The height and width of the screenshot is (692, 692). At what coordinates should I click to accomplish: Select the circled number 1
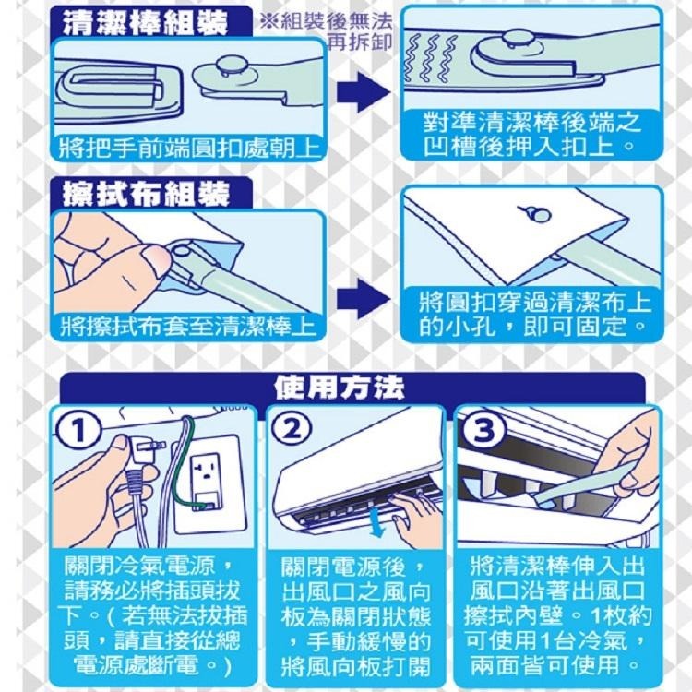[x=78, y=430]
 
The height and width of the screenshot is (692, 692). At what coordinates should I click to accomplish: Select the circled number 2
[x=292, y=430]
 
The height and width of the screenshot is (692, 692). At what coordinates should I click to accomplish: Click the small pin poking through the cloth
[x=536, y=213]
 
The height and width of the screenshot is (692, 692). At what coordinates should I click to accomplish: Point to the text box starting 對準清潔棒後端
[x=529, y=134]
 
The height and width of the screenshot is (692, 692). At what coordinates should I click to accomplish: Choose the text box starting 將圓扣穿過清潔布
[x=529, y=315]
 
